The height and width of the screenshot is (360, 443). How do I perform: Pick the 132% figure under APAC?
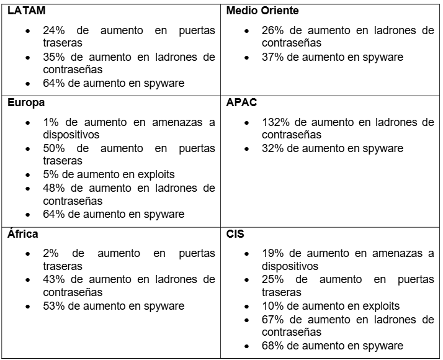pyautogui.click(x=272, y=122)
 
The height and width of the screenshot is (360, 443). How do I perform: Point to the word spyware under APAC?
pyautogui.click(x=382, y=148)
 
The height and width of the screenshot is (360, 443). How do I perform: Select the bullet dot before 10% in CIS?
pyautogui.click(x=248, y=305)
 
